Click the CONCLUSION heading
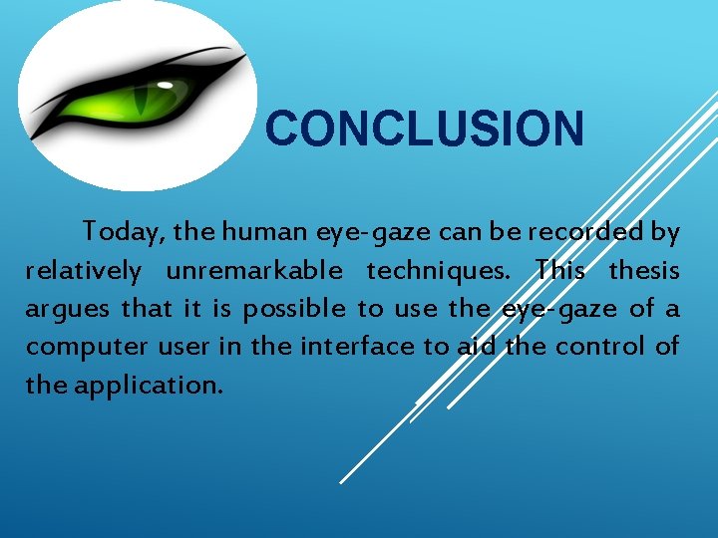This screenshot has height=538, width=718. click(x=425, y=130)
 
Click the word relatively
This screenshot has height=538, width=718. click(x=84, y=271)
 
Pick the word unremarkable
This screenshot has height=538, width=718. click(x=254, y=271)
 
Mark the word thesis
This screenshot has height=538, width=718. click(x=644, y=271)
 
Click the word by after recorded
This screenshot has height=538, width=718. click(x=665, y=233)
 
